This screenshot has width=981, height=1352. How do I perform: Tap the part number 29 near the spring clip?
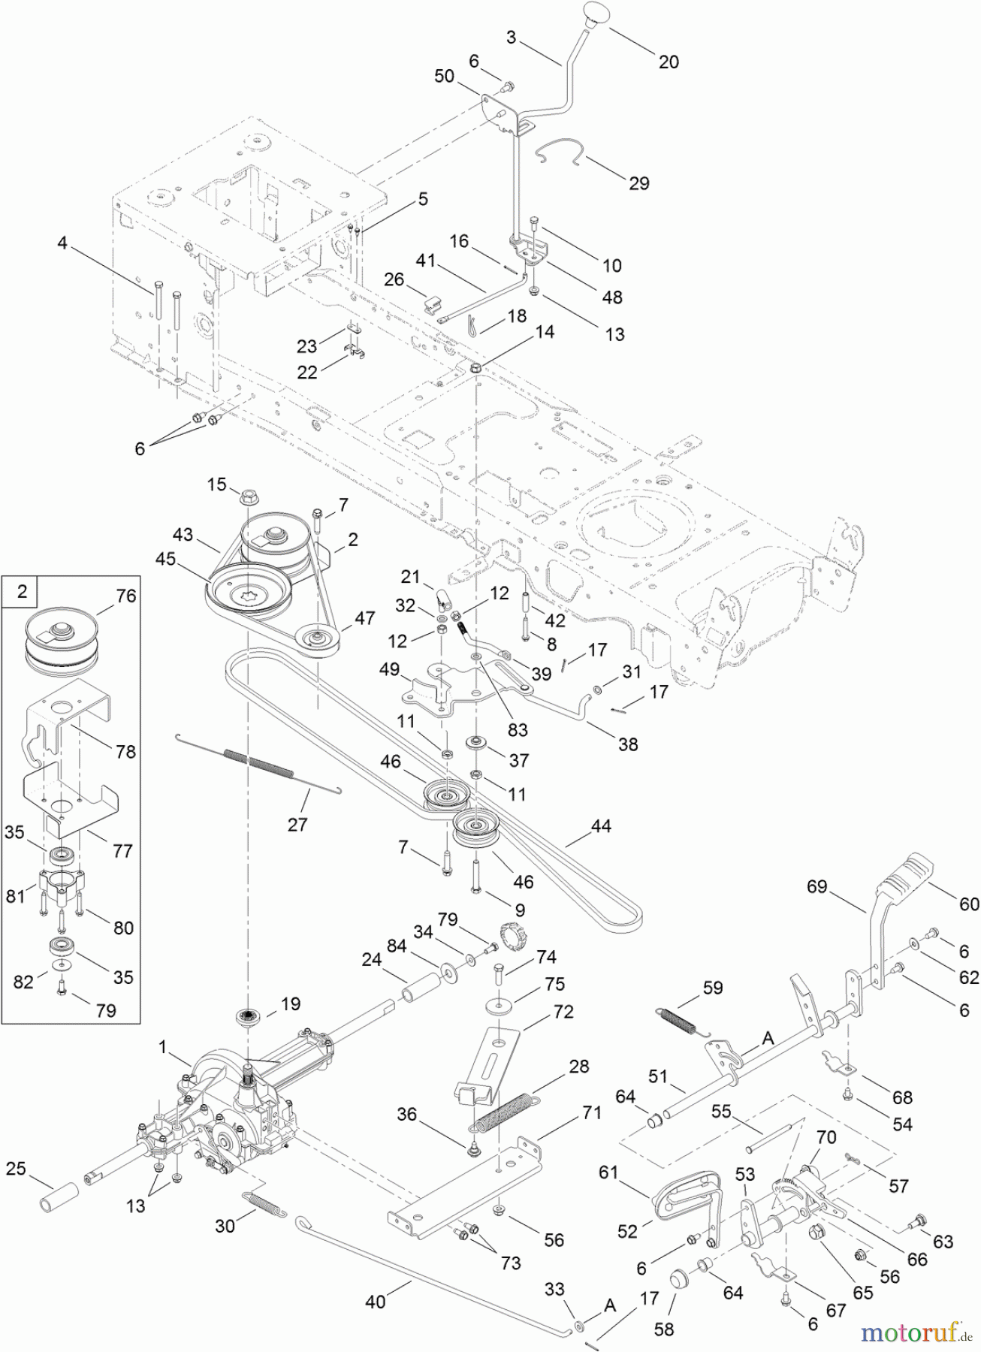[638, 183]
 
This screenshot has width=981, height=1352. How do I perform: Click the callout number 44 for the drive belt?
[601, 827]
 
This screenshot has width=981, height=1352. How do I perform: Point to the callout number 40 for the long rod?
[375, 1300]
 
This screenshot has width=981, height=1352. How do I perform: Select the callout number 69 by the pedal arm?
[817, 887]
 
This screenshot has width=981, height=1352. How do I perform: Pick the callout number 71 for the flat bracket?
[592, 1112]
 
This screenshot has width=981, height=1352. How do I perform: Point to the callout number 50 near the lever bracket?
[445, 76]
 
